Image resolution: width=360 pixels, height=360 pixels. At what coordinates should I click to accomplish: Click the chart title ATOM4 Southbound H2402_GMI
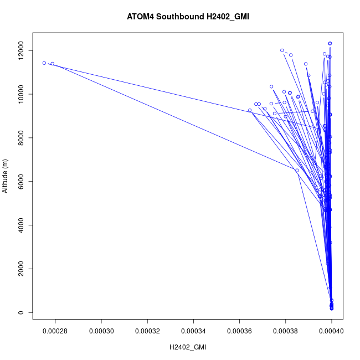click(188, 17)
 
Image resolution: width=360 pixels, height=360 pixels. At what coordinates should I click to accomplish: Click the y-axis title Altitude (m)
click(6, 172)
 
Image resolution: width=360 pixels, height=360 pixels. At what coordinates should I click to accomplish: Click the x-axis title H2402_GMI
click(188, 347)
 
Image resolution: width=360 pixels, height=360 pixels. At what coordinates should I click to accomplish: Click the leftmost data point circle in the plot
click(44, 63)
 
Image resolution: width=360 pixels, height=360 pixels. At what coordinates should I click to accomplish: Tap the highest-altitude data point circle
click(330, 43)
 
